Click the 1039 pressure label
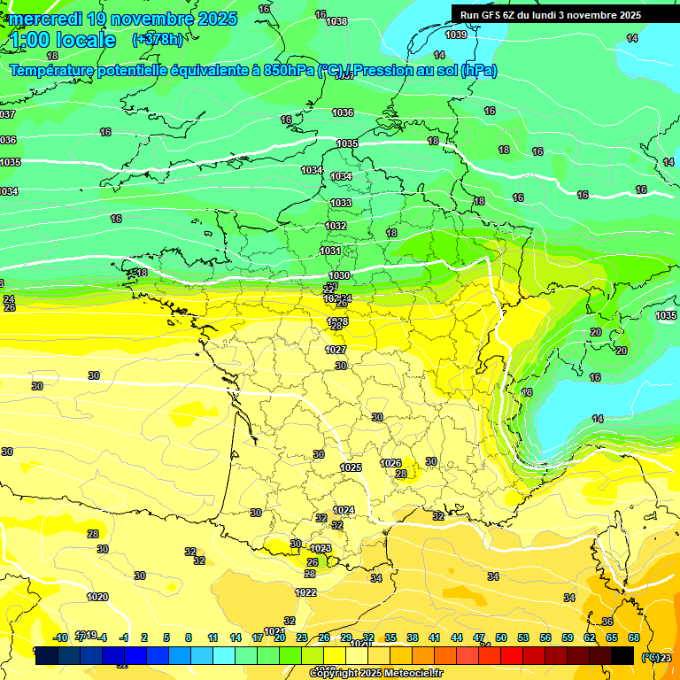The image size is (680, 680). (456, 35)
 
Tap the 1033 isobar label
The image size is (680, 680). (341, 203)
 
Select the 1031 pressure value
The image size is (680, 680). (330, 251)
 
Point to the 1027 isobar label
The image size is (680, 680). (336, 350)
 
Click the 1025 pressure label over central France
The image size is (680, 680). (351, 467)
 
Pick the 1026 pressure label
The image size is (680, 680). (390, 463)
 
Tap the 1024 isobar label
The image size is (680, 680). (344, 510)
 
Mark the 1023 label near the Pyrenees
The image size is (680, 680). (321, 549)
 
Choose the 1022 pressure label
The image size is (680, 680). (306, 592)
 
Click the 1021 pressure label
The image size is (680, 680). (274, 631)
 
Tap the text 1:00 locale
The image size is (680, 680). (62, 41)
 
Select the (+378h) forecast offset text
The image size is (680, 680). (157, 40)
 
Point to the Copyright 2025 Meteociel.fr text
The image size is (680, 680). (375, 673)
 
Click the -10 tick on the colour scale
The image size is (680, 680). (60, 637)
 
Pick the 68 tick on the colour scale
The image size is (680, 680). (634, 637)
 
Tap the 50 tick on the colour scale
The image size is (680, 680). (501, 637)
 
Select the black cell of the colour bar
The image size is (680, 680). (622, 655)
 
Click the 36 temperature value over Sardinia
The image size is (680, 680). (607, 622)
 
